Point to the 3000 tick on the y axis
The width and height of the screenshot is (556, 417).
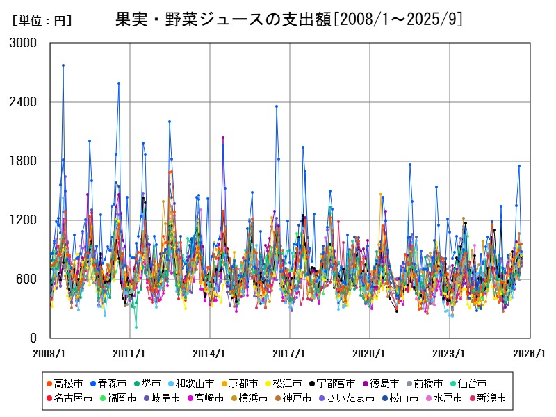(x=24, y=43)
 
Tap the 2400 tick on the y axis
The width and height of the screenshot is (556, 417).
(x=24, y=102)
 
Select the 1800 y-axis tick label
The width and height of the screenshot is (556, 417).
(x=24, y=161)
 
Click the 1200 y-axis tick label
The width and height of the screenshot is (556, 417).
(x=24, y=220)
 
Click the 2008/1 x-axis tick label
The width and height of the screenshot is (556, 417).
(x=49, y=353)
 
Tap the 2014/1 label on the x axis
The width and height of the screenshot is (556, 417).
(x=209, y=353)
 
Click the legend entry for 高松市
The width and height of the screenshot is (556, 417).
(x=67, y=383)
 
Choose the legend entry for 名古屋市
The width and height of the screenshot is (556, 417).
(x=72, y=398)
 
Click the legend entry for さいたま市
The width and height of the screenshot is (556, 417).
(x=347, y=398)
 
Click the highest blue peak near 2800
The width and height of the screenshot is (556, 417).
(x=63, y=65)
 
